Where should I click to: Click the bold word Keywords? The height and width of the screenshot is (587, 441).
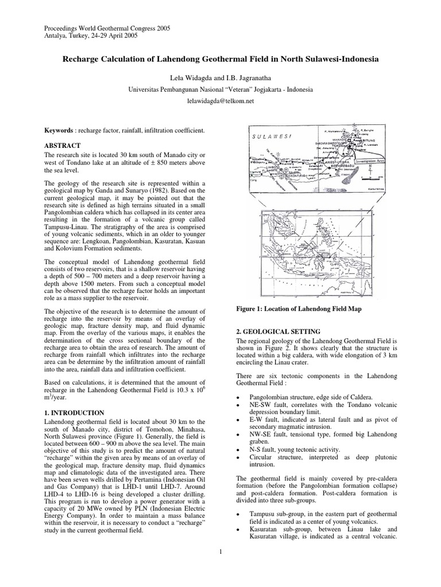pyautogui.click(x=60, y=131)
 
